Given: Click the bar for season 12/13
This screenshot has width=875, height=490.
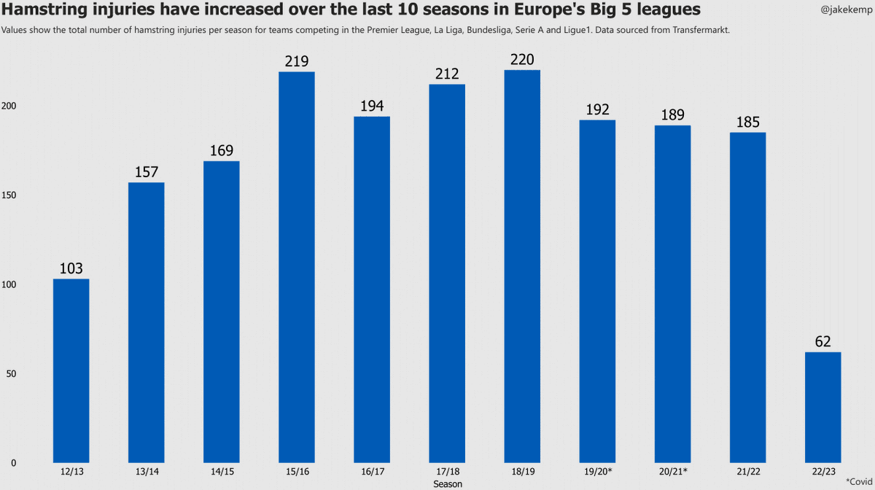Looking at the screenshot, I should click(71, 370).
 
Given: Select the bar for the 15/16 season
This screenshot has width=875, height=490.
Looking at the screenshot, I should click(296, 267).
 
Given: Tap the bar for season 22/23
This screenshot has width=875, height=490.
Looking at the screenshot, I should click(822, 407).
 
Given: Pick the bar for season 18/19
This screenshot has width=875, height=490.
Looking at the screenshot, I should click(521, 266).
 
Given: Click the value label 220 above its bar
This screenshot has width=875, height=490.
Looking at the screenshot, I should click(521, 58).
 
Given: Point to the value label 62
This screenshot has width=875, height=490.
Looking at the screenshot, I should click(822, 341).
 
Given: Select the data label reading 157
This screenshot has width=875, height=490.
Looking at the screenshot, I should click(146, 171).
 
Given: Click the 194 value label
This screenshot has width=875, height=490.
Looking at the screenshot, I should click(371, 106).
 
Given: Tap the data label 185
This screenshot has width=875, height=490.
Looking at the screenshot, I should click(747, 122).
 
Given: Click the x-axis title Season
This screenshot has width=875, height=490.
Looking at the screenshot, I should click(447, 483).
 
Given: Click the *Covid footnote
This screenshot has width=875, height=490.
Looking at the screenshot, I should click(859, 481).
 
